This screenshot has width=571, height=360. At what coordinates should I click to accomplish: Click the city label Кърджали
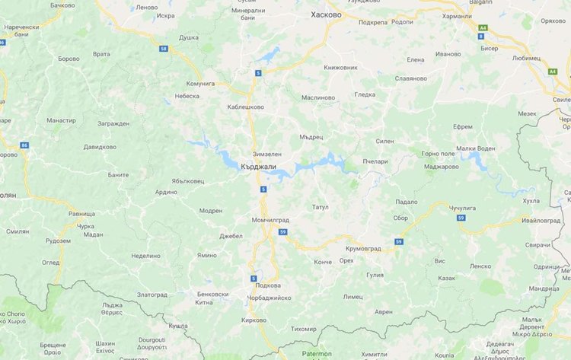(x=257, y=166)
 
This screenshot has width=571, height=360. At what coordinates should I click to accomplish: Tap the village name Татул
(x=321, y=207)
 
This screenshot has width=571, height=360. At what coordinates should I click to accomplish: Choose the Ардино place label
(x=166, y=192)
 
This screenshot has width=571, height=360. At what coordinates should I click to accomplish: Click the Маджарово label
(x=441, y=166)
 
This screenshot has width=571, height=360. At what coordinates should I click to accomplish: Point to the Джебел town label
(x=231, y=236)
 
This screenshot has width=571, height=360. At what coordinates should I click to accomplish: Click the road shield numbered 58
(x=164, y=48)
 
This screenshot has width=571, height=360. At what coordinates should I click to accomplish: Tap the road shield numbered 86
(x=24, y=145)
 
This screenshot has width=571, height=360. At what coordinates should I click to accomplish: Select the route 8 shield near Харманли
(x=481, y=35)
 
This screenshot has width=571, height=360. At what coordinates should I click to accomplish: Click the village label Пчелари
(x=376, y=161)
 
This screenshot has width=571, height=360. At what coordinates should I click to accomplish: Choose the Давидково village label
(x=100, y=146)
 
